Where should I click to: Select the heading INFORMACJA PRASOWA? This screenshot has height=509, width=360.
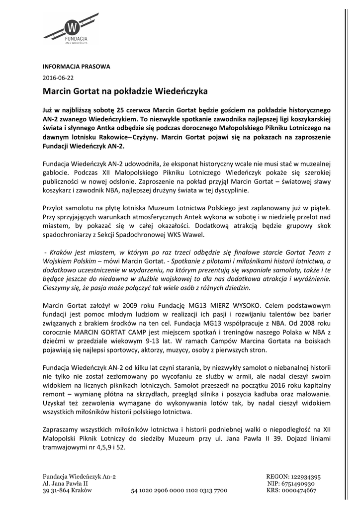point(76,66)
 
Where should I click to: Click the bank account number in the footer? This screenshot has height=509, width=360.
point(179,490)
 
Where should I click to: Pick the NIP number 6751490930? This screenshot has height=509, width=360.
point(298,483)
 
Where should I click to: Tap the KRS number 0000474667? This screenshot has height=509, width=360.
point(298,490)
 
